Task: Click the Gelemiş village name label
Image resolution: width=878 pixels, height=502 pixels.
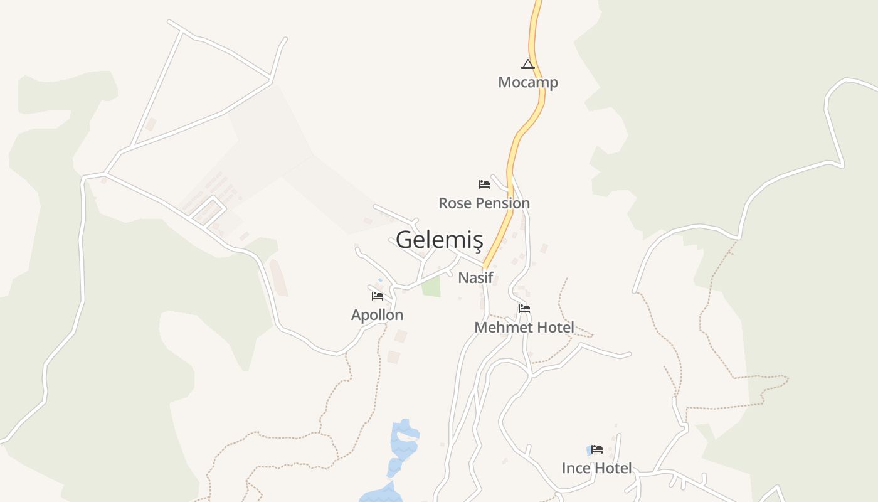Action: pos(439,240)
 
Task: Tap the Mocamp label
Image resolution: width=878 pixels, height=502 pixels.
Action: pos(528,82)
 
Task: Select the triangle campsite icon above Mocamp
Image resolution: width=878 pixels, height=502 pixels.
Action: pos(528,64)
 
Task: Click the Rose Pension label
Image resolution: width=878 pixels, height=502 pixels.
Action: pos(484,203)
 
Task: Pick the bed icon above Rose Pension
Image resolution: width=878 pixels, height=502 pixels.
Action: pos(484,184)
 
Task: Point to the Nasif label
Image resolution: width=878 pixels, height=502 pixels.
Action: pos(476,277)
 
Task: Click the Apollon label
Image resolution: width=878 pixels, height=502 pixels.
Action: pos(377,315)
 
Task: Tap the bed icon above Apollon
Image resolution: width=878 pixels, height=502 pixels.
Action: pos(378,296)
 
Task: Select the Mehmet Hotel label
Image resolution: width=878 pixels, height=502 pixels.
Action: pos(524,328)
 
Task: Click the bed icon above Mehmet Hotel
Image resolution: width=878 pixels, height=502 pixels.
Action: pos(524,309)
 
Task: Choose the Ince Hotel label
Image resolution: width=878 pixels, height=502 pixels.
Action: pos(596,468)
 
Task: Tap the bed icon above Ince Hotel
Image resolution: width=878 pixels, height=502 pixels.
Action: pos(597,449)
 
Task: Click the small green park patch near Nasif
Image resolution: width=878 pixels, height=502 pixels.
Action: pos(431,286)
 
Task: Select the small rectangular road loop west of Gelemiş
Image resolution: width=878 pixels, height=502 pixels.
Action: pos(208,210)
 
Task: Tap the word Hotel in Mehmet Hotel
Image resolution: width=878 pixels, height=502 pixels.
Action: pos(553,328)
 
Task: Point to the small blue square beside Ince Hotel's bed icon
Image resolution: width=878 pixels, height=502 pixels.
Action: pos(589,450)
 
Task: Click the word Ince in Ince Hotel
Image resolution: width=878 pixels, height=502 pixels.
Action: pos(576,468)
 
